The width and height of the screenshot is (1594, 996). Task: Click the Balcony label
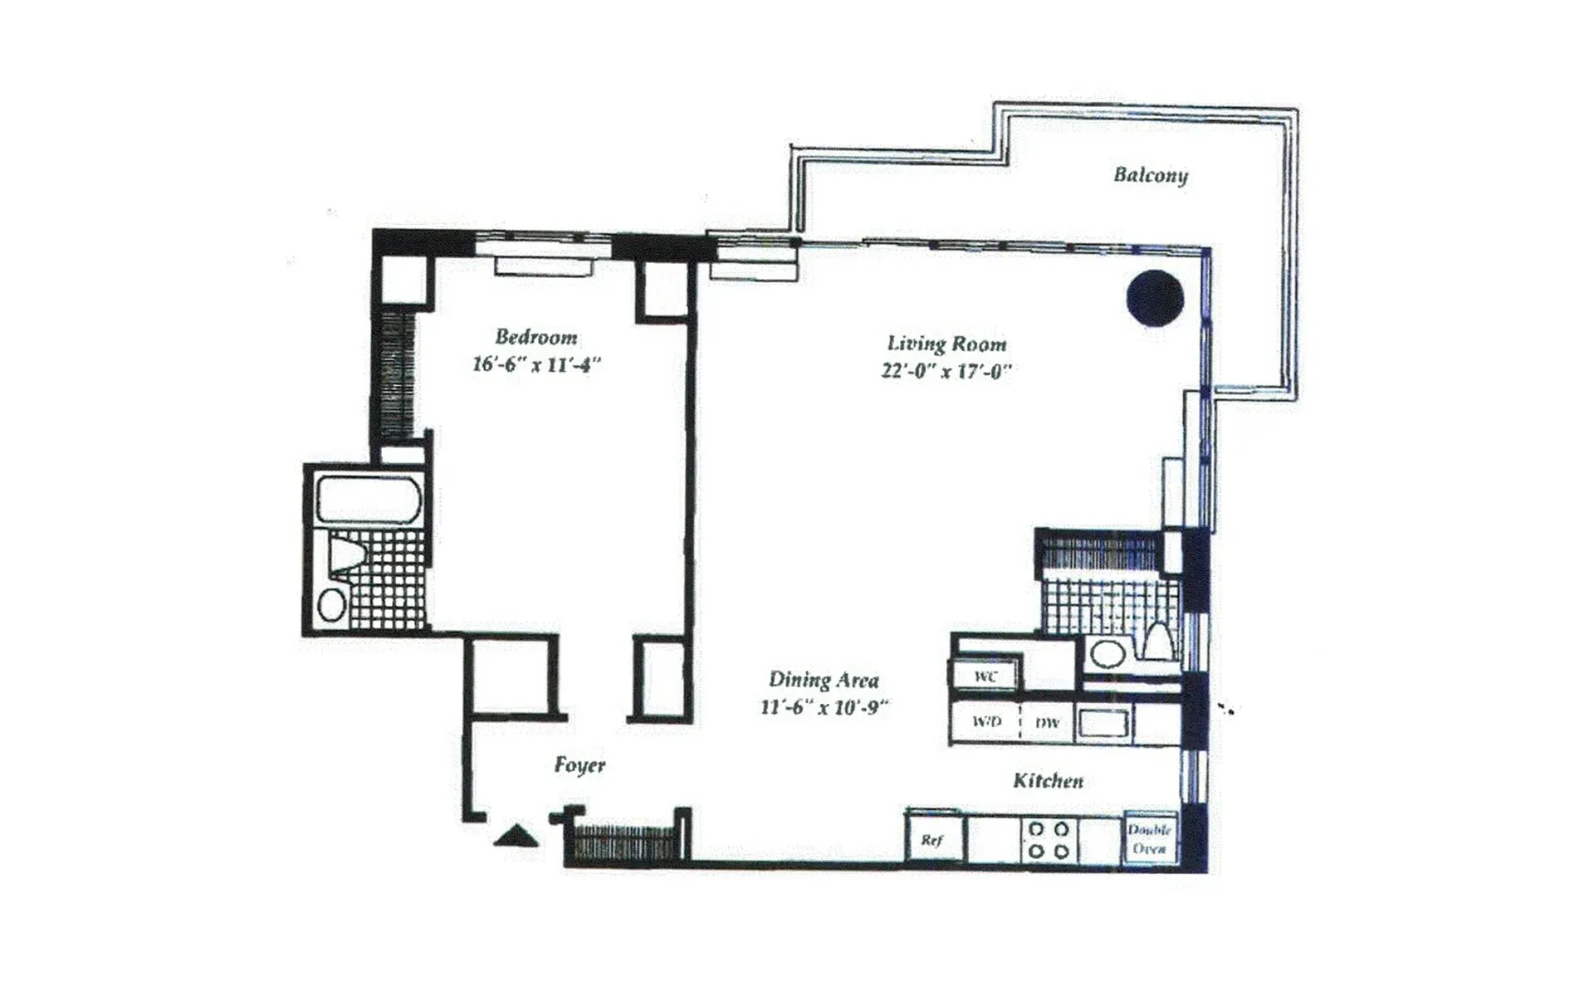pyautogui.click(x=1150, y=175)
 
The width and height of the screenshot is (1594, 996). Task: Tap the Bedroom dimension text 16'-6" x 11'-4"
pyautogui.click(x=535, y=364)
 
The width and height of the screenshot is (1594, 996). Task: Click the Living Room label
pyautogui.click(x=946, y=344)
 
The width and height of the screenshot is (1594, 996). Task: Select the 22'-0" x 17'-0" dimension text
pyautogui.click(x=946, y=371)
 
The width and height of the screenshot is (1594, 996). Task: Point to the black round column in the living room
pyautogui.click(x=1155, y=299)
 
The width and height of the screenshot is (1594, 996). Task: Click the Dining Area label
pyautogui.click(x=824, y=680)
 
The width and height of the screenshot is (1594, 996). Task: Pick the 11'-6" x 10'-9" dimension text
pyautogui.click(x=824, y=707)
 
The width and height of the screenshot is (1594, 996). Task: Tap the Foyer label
pyautogui.click(x=579, y=764)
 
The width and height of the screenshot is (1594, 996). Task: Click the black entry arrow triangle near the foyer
pyautogui.click(x=516, y=836)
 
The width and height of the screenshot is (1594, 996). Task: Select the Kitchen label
pyautogui.click(x=1048, y=780)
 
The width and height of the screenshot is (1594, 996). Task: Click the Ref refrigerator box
pyautogui.click(x=933, y=840)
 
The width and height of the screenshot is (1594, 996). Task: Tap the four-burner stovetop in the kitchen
pyautogui.click(x=1049, y=840)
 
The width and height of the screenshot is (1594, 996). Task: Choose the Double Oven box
pyautogui.click(x=1150, y=839)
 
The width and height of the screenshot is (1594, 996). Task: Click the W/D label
pyautogui.click(x=986, y=722)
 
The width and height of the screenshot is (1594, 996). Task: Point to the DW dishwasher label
pyautogui.click(x=1048, y=723)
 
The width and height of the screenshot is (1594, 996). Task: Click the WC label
pyautogui.click(x=985, y=676)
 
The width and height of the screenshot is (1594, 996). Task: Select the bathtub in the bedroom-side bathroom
pyautogui.click(x=369, y=500)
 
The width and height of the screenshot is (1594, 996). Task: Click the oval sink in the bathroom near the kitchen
pyautogui.click(x=1107, y=653)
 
